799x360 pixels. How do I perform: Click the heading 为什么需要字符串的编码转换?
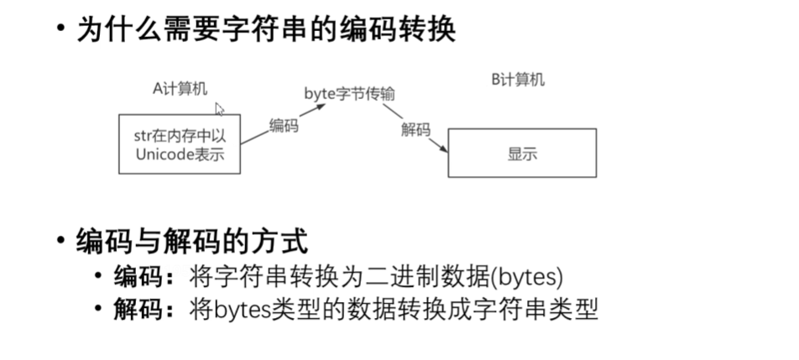[266, 30]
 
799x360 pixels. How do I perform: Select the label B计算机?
[518, 80]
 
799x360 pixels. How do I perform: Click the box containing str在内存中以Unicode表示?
[180, 144]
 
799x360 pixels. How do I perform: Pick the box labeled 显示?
[522, 153]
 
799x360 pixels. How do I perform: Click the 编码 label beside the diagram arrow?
[284, 126]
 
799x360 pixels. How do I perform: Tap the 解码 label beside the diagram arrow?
[416, 130]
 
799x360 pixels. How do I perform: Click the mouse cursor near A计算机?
[219, 109]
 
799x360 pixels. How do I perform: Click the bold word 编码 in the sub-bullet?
[135, 277]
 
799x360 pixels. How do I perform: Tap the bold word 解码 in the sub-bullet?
[135, 310]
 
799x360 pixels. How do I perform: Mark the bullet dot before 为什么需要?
[60, 30]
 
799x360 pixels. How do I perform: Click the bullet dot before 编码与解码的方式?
[60, 243]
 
